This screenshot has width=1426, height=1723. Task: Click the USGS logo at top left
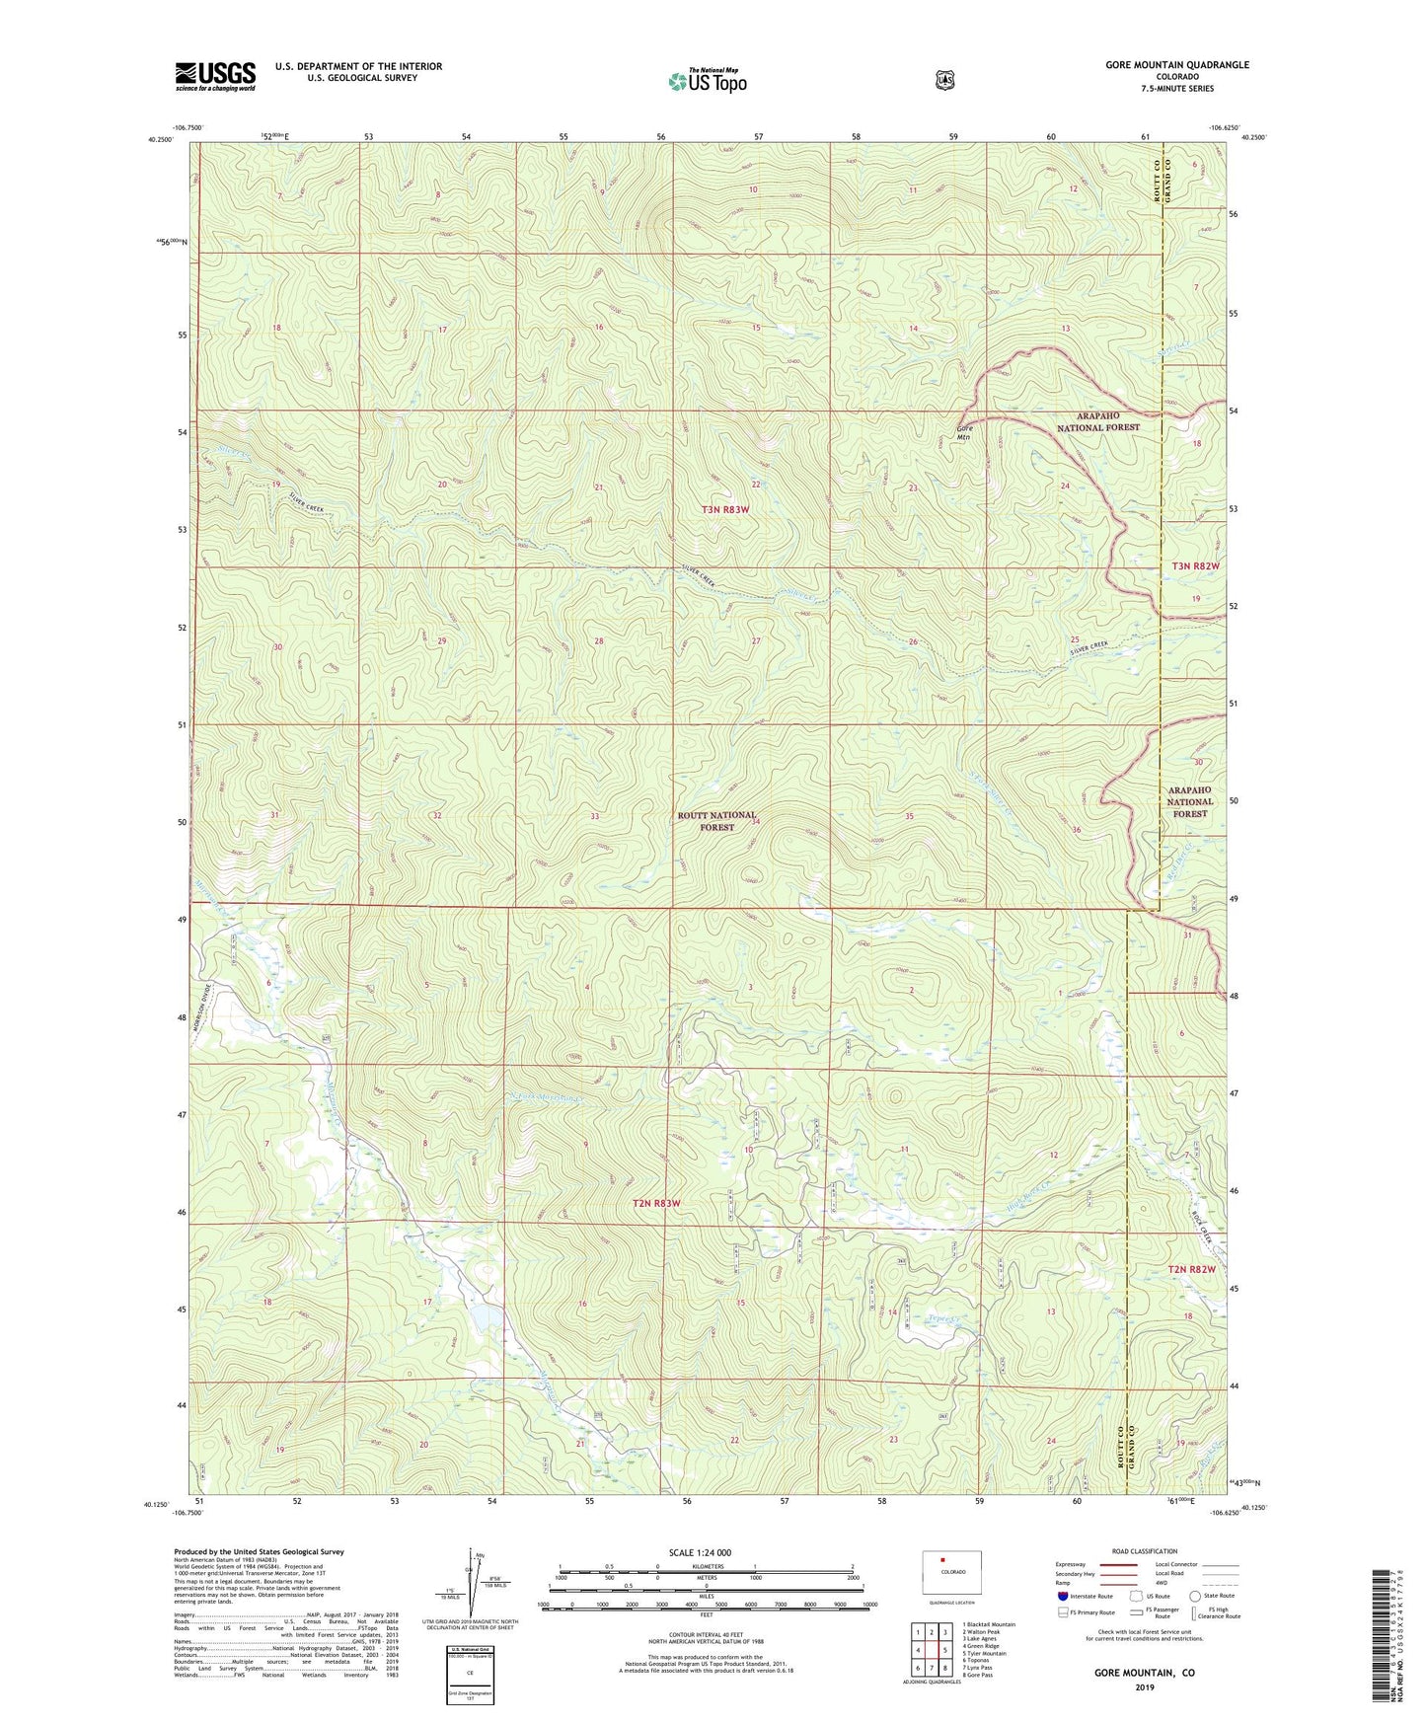215,76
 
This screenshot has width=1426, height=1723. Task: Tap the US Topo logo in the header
707,81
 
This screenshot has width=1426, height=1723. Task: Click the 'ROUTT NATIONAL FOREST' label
717,821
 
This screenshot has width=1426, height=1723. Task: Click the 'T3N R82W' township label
1195,565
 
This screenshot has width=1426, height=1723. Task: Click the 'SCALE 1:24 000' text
700,1552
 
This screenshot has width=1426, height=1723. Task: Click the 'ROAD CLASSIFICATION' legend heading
1145,1551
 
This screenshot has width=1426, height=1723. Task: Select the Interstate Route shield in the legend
1062,1596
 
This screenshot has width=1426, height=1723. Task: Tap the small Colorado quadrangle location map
952,1572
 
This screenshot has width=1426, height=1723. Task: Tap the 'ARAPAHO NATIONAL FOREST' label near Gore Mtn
1097,421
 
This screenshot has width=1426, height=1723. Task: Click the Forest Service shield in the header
944,80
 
